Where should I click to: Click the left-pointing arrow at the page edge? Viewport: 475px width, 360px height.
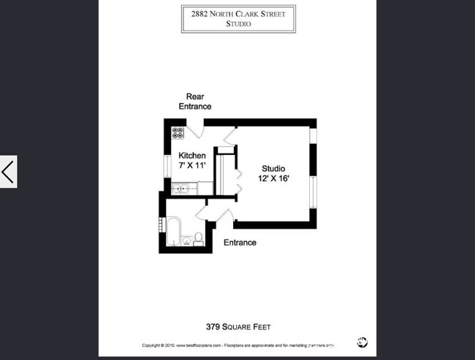8,173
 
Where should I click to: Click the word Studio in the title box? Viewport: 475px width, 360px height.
239,24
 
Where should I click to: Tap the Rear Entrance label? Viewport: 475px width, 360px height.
194,102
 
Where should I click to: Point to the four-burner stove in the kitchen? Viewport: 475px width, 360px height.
178,133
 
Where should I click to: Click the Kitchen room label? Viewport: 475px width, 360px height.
192,156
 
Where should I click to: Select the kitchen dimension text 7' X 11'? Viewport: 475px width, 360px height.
192,166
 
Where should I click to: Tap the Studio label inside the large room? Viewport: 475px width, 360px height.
273,169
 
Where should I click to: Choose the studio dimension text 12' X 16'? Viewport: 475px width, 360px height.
273,179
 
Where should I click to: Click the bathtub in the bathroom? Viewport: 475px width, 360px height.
174,231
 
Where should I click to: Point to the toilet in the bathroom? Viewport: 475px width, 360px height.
197,237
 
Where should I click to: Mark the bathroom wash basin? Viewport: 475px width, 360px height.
186,239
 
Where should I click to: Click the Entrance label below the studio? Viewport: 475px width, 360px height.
240,242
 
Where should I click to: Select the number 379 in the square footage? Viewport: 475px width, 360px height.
213,326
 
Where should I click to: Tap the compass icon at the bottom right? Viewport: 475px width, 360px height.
362,342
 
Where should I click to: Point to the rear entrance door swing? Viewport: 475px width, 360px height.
194,131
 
